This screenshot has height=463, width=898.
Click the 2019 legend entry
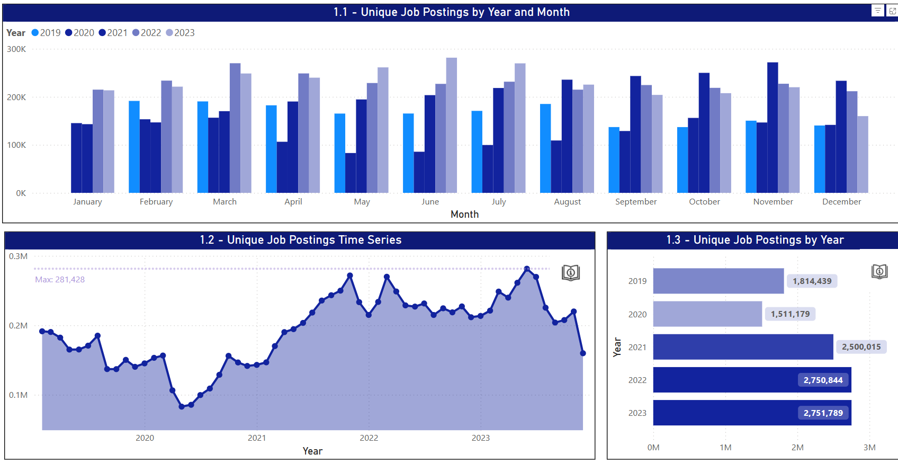[x=46, y=33]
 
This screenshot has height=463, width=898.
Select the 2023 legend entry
[x=180, y=33]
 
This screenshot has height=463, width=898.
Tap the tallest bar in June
[x=451, y=125]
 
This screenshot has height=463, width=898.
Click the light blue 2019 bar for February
[x=134, y=147]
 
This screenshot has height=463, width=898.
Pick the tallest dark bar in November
[x=773, y=127]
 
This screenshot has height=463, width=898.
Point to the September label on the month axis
[x=635, y=202]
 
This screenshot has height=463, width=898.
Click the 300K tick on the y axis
[x=16, y=49]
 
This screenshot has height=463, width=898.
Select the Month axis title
[x=464, y=215]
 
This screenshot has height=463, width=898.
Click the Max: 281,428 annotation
[x=60, y=280]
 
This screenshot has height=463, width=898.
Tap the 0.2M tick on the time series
[x=18, y=326]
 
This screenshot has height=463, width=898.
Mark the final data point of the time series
[x=583, y=353]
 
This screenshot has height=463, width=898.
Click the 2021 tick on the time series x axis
[x=257, y=438]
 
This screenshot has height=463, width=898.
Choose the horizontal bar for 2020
[x=707, y=314]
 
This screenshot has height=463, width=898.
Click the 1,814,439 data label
[x=812, y=281]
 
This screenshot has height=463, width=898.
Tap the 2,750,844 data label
[x=823, y=380]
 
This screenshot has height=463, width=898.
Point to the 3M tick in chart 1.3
[x=869, y=448]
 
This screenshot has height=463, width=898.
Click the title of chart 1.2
[x=300, y=240]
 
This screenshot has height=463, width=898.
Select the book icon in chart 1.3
[x=879, y=272]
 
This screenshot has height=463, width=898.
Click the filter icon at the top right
[x=877, y=11]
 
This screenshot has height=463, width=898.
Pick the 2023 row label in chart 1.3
[x=637, y=413]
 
